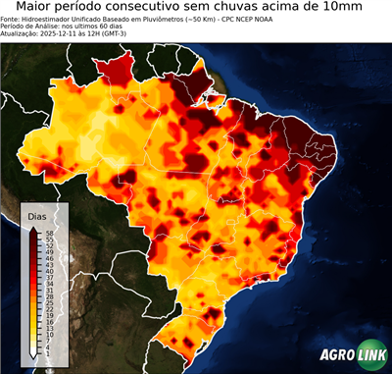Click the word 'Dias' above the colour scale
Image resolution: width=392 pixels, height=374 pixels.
pyautogui.click(x=37, y=215)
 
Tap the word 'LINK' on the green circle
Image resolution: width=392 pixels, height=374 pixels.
pyautogui.click(x=372, y=356)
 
